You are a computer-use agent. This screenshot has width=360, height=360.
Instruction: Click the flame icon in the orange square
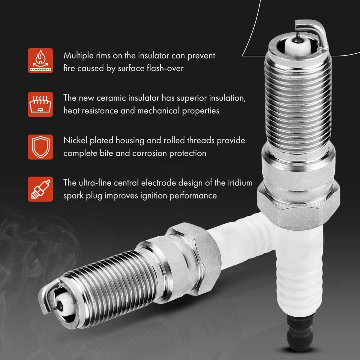(40, 61)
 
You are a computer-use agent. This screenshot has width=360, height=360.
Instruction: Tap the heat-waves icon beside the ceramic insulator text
(40, 104)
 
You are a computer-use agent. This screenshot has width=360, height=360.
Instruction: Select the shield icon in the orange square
(40, 147)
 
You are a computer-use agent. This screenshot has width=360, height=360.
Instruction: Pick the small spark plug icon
(40, 189)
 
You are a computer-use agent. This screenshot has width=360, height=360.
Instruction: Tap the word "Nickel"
(75, 140)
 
